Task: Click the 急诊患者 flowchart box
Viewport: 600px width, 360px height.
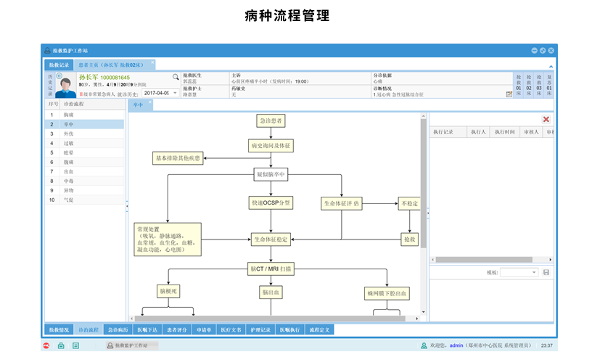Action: pos(271,120)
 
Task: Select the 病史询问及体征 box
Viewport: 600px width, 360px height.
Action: pos(271,146)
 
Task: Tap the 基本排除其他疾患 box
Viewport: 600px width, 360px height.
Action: pos(178,157)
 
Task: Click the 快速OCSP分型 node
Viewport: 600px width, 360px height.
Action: pos(271,203)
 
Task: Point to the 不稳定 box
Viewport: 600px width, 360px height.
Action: pos(409,203)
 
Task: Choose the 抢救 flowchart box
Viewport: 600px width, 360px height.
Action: pos(409,238)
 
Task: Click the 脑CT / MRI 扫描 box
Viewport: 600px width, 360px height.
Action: pos(271,269)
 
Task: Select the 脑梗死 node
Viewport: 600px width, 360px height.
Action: pos(168,291)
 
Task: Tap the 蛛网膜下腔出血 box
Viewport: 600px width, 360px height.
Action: pos(387,293)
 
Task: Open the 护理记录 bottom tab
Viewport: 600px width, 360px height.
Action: pos(261,330)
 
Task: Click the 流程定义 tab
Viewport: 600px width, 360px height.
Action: pos(319,330)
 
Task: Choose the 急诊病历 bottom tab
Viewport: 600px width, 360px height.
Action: pos(118,330)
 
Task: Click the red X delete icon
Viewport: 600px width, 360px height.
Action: pos(546,119)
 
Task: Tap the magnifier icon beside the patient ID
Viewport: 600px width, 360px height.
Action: pos(175,76)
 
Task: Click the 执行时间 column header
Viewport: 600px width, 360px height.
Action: pos(505,132)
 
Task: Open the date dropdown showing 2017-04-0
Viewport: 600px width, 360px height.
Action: pos(175,93)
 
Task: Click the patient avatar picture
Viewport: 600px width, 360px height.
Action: pos(65,85)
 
